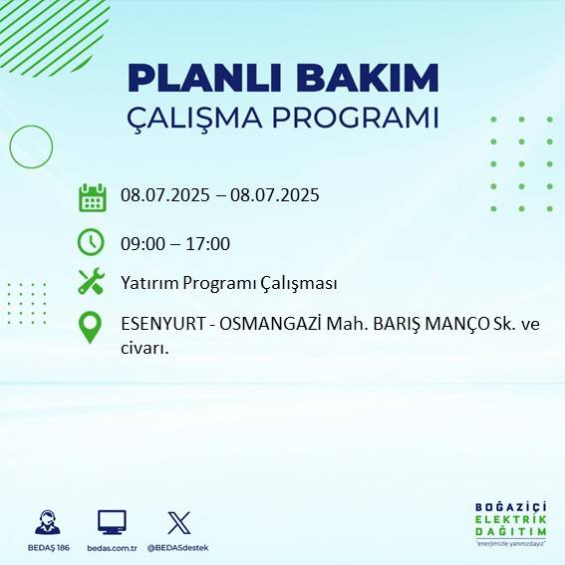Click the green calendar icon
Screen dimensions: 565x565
tap(92, 197)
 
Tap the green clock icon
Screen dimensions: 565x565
tap(91, 241)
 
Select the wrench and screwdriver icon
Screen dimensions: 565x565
tap(91, 282)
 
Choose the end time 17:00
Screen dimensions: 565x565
tap(208, 243)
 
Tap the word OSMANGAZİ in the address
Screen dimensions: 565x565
tap(265, 325)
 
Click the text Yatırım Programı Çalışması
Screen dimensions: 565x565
tap(228, 284)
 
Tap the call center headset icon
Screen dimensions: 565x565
tap(46, 522)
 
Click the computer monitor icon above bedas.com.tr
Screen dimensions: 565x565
tap(112, 522)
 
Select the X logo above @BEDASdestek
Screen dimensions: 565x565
tap(179, 522)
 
